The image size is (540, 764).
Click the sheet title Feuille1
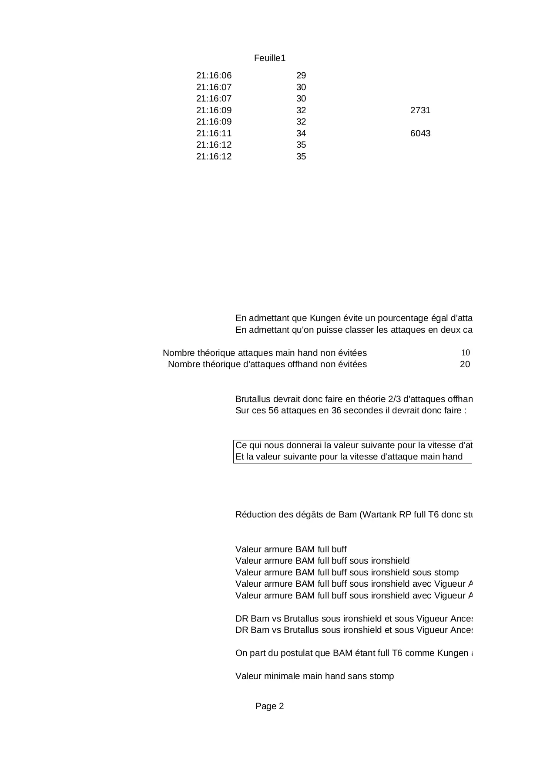click(269, 58)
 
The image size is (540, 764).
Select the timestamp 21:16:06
click(214, 76)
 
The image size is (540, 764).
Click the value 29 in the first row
click(301, 76)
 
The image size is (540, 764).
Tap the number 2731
click(420, 110)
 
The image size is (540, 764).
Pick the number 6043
click(420, 133)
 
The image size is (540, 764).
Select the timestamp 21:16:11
click(214, 133)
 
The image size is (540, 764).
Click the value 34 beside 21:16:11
click(301, 133)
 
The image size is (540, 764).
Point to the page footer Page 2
click(269, 706)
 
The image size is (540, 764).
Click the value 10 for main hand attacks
click(465, 353)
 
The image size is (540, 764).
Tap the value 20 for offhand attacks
click(465, 365)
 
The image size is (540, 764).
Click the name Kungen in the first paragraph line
click(323, 318)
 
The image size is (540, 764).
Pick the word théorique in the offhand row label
click(216, 365)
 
